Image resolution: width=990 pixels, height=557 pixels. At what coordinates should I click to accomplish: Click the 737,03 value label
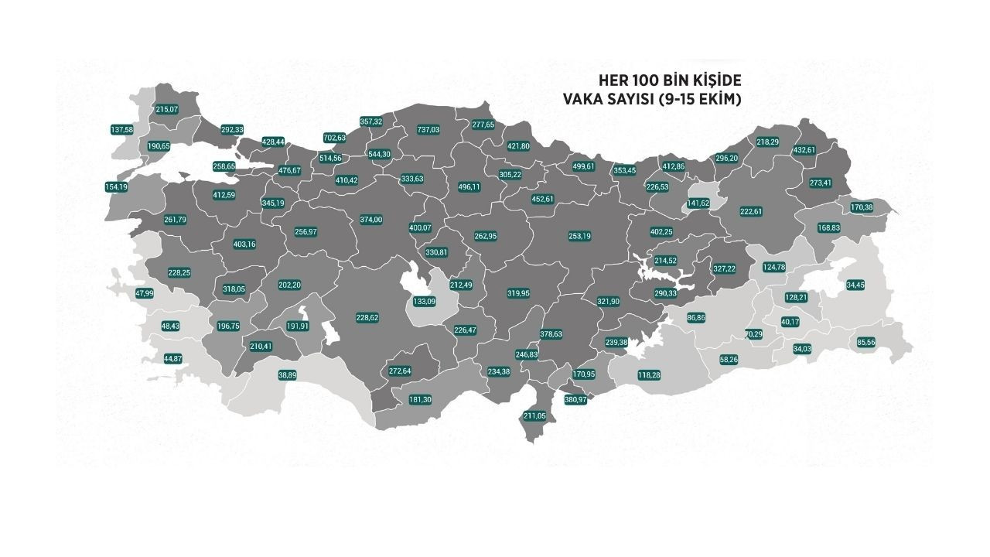point(428,130)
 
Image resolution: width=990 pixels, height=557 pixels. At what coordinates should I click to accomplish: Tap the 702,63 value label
point(334,138)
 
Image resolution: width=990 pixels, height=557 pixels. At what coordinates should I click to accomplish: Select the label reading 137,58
point(122,130)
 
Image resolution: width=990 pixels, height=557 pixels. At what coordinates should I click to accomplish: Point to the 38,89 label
point(288,375)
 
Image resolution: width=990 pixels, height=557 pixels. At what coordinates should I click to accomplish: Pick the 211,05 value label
point(534,416)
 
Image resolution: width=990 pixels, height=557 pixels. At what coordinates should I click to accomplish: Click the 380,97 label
point(576,400)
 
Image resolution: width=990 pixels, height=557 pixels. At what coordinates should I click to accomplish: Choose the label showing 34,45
point(855,285)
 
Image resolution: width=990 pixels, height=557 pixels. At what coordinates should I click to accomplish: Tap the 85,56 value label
point(865,343)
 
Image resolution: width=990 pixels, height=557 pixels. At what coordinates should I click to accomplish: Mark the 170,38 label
point(862,207)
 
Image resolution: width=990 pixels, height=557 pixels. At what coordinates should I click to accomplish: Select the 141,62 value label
point(698,203)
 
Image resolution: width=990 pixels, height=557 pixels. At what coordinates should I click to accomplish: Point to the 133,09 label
point(425,301)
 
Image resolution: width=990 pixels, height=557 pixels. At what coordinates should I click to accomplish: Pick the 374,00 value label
point(371,220)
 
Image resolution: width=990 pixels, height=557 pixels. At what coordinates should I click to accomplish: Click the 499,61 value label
point(584,166)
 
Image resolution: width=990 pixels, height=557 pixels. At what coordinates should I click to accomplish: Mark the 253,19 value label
point(579,236)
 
